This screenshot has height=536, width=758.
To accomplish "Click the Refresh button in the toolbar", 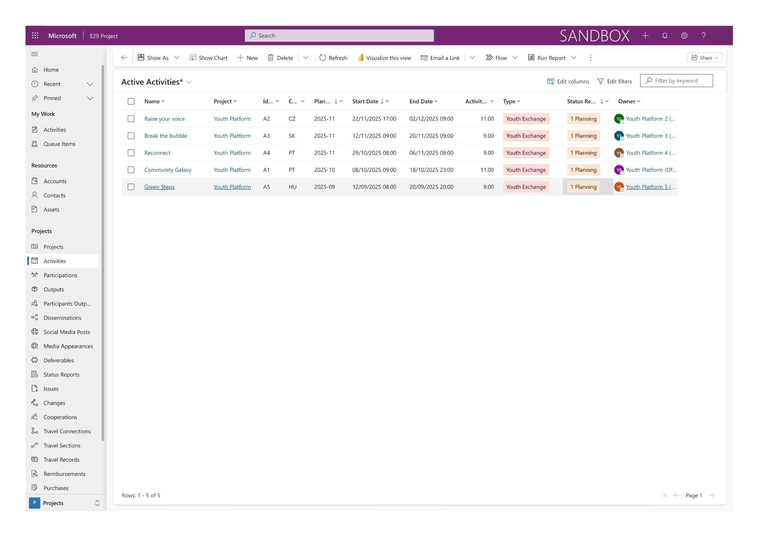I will tap(333, 58).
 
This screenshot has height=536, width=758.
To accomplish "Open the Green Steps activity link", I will tap(159, 187).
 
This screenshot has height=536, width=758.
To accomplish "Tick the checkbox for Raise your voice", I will tap(131, 119).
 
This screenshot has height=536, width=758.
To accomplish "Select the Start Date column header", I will tap(365, 101).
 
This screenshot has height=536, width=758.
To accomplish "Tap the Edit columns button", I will tap(568, 81).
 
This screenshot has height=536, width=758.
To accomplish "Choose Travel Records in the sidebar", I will tap(61, 460).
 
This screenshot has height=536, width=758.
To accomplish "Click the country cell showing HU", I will tap(292, 187).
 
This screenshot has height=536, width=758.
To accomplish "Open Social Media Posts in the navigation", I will tap(67, 332).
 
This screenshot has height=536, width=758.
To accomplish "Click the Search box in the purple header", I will tap(339, 36).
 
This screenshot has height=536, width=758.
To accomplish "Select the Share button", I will tap(704, 58).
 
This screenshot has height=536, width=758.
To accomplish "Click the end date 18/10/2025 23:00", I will tap(431, 170).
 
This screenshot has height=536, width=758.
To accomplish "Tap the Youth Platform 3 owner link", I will tap(647, 136).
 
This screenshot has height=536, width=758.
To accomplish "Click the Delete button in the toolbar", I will tap(280, 58).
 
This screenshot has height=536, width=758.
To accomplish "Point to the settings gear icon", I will tap(684, 36).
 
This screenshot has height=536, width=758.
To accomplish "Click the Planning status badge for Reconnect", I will tap(583, 153).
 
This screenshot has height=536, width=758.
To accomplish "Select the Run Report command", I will tap(547, 58).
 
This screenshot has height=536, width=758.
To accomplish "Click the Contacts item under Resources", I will tap(54, 196).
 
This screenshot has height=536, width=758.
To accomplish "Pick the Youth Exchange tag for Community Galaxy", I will tap(526, 170).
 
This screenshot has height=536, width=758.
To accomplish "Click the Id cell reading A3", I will tap(266, 136).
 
